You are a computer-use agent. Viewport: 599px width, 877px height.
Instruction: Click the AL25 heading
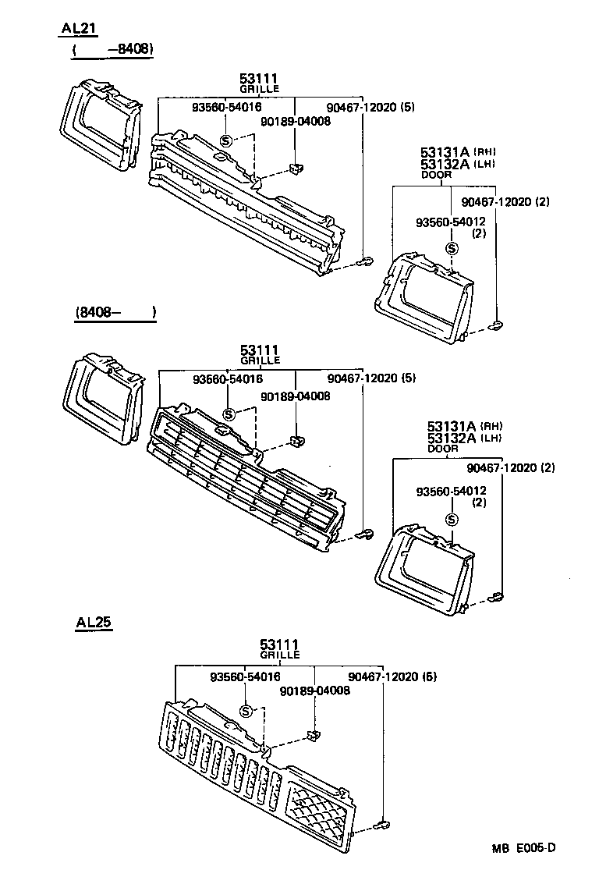[94, 623]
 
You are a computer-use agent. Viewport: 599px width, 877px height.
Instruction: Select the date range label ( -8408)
[112, 50]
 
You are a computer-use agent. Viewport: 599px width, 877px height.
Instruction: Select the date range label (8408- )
[115, 313]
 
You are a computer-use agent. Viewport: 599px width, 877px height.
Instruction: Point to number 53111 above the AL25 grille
[280, 644]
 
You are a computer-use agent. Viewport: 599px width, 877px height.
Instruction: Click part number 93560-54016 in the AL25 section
[246, 677]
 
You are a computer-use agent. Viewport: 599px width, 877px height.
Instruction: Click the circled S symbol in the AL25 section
[246, 711]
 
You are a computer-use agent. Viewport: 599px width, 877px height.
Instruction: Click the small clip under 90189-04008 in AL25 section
[315, 735]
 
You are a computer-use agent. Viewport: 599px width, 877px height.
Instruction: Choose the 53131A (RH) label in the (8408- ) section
[464, 426]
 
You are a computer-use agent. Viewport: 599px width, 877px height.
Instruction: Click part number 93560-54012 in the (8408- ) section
[452, 491]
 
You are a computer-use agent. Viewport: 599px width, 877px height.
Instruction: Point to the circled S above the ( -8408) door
[451, 249]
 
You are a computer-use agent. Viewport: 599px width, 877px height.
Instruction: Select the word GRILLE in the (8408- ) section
[260, 361]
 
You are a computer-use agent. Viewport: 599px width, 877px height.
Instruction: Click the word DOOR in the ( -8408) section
[436, 176]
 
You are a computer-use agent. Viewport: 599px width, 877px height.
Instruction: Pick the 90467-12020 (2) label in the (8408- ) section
[511, 468]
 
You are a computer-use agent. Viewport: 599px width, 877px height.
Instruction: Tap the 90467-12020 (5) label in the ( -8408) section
[370, 108]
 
